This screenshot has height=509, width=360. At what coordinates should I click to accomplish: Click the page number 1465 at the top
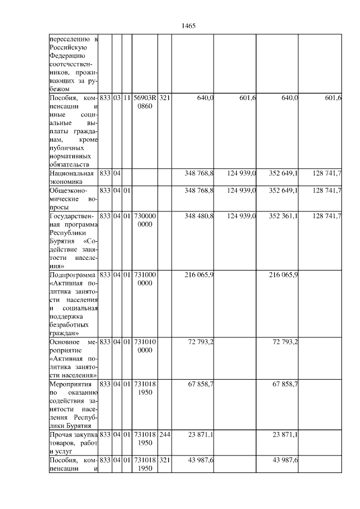[188, 26]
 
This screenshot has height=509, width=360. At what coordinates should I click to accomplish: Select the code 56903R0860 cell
[145, 102]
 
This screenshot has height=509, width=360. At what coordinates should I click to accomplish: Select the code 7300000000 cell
[145, 220]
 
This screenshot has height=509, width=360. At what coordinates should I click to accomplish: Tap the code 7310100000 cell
[145, 346]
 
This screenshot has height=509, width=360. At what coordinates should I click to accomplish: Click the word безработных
[70, 325]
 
